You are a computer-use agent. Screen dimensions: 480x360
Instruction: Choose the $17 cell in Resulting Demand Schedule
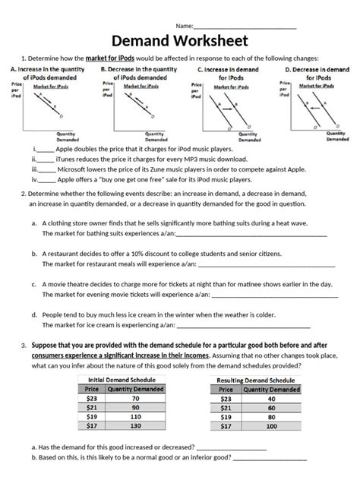click(226, 426)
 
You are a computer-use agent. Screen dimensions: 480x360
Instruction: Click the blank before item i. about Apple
click(46, 151)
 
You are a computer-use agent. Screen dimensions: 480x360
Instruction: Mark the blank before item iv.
click(47, 181)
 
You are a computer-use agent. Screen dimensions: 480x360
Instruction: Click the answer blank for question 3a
click(230, 447)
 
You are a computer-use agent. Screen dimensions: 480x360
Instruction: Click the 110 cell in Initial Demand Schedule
click(135, 416)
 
